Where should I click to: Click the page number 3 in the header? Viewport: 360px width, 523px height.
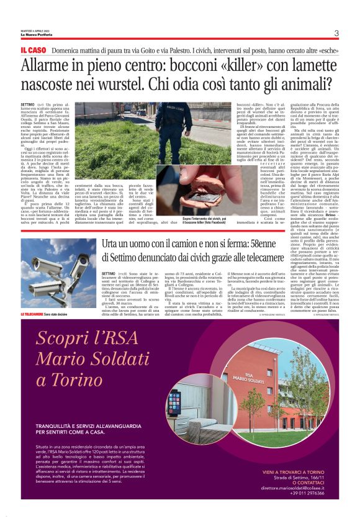point(336,34)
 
